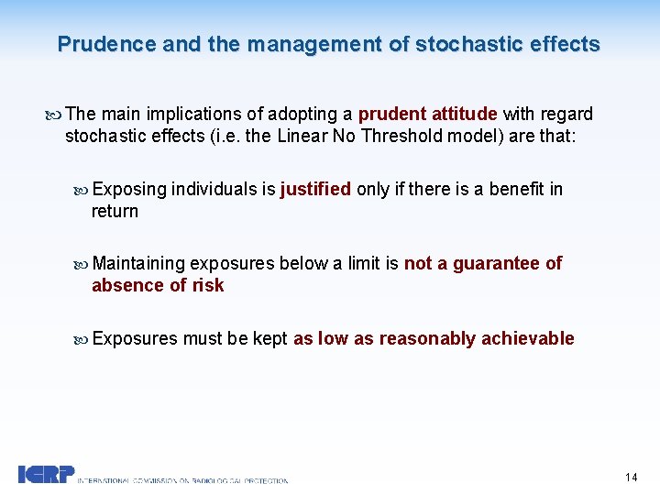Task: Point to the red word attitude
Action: coord(463,115)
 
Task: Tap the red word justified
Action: coord(315,190)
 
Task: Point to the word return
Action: coord(115,212)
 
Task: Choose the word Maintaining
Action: coord(138,264)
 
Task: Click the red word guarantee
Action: coord(497,264)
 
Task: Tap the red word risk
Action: coord(208,286)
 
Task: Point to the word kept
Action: coord(270,339)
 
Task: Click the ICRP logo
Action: coord(46,475)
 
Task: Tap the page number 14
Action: coord(631,478)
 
